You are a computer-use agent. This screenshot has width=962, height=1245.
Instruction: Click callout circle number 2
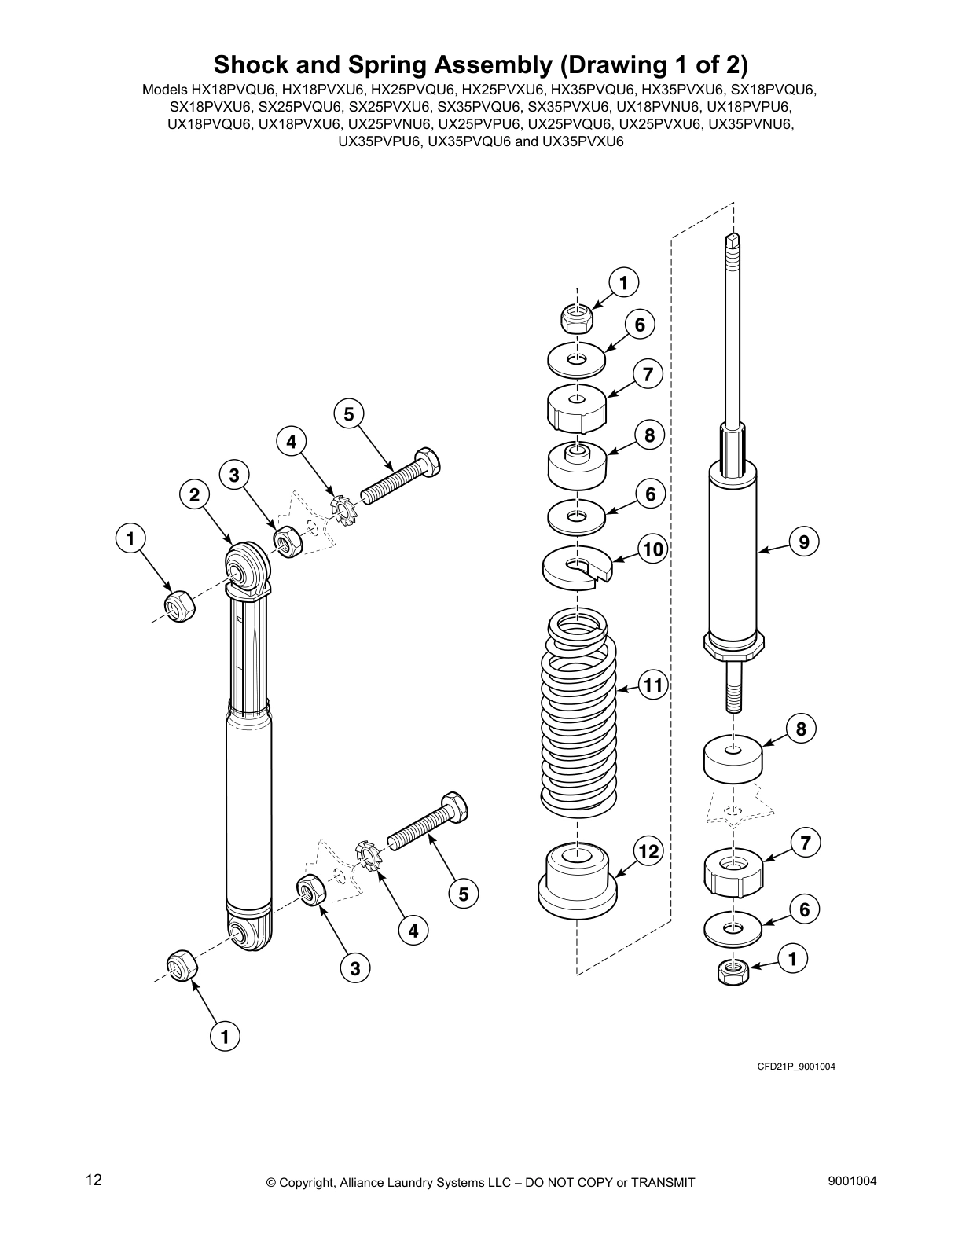[x=194, y=494]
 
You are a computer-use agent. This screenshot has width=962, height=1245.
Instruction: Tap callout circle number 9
[x=803, y=542]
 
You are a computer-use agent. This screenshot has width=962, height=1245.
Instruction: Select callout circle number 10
[x=653, y=549]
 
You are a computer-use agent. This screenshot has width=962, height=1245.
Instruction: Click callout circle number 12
[x=649, y=851]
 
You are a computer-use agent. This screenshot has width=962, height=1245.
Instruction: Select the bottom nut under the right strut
[x=733, y=971]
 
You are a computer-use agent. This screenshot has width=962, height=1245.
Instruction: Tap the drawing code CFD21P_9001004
[x=795, y=1067]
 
